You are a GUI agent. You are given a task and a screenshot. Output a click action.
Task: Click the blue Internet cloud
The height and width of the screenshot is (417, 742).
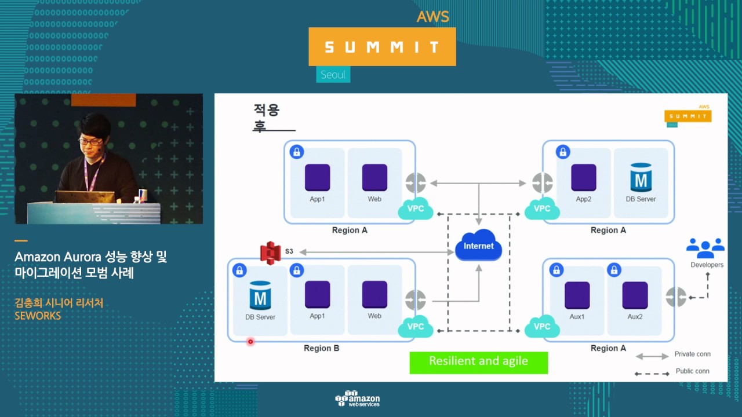point(479,246)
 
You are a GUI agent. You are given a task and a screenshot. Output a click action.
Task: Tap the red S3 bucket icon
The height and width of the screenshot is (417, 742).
point(270,252)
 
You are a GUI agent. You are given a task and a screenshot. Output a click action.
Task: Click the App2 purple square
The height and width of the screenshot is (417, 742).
point(583,178)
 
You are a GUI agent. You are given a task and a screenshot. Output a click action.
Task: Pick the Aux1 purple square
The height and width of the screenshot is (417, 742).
point(577,295)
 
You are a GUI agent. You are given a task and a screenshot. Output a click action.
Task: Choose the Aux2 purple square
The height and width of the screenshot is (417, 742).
point(635,295)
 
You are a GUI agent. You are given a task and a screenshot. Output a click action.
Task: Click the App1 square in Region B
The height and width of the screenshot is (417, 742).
point(317,295)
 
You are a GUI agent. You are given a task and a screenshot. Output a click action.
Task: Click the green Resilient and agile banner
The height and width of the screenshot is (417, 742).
point(478,361)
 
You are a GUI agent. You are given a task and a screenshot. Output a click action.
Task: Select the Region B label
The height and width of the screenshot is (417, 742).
point(321,348)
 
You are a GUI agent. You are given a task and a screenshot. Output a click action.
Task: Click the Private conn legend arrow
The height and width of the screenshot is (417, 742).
point(652,356)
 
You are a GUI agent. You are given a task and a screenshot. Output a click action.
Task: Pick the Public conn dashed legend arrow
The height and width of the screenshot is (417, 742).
point(652,374)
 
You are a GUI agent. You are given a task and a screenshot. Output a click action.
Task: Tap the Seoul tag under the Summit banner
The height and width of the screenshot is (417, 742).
point(333,75)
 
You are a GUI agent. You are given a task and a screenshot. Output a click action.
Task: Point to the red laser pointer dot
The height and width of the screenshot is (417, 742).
point(250,342)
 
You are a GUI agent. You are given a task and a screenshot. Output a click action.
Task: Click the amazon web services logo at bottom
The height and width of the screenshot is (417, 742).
point(357,398)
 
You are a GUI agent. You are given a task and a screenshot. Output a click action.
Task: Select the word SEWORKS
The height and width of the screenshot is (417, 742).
point(38,316)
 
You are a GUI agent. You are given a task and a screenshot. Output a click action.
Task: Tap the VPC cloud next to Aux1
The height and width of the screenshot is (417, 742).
point(541,328)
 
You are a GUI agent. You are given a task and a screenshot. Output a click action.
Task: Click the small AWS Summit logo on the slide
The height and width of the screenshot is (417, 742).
point(688,115)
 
